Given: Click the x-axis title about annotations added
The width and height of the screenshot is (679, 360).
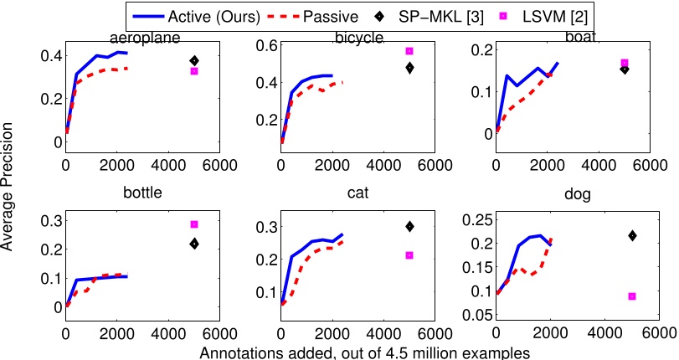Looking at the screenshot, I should pyautogui.click(x=365, y=352).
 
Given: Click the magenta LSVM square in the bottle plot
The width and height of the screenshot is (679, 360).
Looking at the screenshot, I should pyautogui.click(x=194, y=224).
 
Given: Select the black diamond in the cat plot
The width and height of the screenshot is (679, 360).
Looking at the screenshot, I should pyautogui.click(x=409, y=226).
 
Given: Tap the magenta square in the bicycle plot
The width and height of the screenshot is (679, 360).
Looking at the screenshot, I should pyautogui.click(x=409, y=51).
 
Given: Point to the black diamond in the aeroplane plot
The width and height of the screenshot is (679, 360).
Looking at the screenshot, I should pyautogui.click(x=194, y=60).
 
